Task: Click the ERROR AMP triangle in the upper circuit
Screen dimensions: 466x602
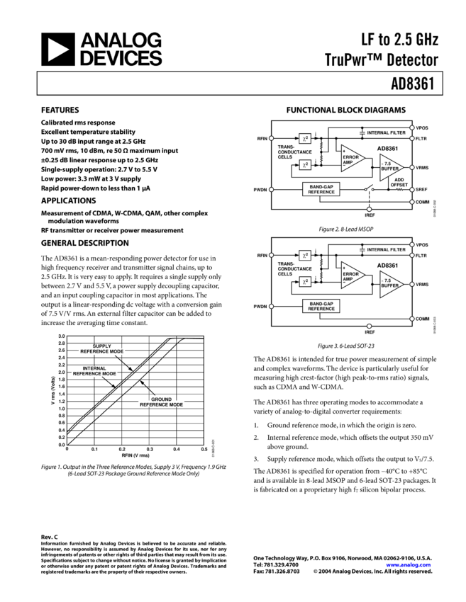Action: [351, 159]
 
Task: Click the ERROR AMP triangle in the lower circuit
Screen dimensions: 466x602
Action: [351, 276]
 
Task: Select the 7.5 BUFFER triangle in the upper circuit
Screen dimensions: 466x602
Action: [390, 168]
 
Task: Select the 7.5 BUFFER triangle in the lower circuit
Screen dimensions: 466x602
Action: [390, 285]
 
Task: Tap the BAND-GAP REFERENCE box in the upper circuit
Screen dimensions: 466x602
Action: [321, 189]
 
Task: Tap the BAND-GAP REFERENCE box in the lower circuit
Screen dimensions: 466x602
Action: [321, 306]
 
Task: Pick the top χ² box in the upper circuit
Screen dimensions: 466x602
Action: [305, 139]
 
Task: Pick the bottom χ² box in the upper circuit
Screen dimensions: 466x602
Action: [305, 164]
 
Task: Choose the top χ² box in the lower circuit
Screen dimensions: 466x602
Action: [305, 256]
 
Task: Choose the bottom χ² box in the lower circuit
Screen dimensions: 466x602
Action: [305, 281]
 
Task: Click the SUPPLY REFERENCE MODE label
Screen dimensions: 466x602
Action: [102, 349]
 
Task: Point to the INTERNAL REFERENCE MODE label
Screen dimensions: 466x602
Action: [94, 371]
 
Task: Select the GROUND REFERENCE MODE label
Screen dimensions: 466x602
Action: [162, 402]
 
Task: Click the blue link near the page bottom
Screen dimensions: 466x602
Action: [409, 565]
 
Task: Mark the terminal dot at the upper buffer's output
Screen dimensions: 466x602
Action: [411, 168]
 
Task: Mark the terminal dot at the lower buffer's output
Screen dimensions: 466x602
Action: [411, 285]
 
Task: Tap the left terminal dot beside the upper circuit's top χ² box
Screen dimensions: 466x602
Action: [271, 138]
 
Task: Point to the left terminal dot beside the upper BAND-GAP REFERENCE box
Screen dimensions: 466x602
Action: [271, 189]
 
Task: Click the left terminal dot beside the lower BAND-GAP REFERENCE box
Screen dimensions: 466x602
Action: [271, 306]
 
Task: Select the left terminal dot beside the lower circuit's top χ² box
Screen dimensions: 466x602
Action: [271, 255]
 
